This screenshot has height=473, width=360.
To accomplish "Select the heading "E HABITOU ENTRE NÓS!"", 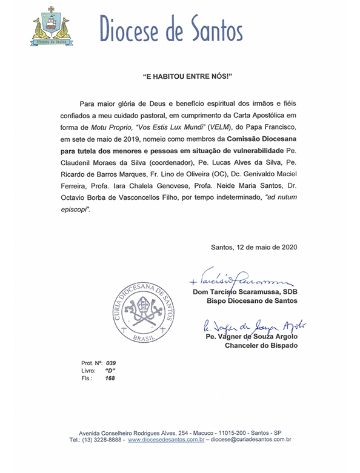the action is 179,79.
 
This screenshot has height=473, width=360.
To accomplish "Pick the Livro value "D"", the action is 110,370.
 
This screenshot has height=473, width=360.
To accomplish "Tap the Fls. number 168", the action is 110,378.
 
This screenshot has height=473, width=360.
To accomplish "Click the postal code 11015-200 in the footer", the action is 225,434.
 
